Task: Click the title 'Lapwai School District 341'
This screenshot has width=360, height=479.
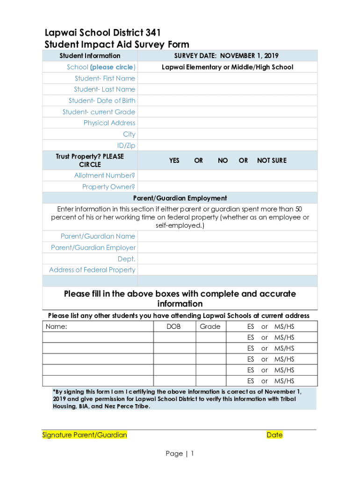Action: point(102,33)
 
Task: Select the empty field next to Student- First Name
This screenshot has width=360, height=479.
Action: point(227,78)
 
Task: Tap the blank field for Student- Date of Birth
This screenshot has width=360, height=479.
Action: point(227,101)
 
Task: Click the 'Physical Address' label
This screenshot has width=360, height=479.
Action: point(109,123)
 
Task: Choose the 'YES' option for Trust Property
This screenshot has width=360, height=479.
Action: point(174,160)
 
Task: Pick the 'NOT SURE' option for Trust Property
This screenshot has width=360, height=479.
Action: point(272,160)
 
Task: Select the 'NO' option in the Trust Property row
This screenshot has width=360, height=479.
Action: point(223,160)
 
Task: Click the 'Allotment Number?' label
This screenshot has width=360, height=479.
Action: point(105,175)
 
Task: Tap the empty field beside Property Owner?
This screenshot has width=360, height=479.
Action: point(227,187)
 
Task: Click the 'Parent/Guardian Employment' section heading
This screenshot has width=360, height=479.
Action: point(180,198)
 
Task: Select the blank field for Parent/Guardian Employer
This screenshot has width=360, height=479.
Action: point(227,247)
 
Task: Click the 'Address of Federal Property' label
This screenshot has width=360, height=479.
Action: point(92,270)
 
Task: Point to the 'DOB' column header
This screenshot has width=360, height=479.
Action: point(173,327)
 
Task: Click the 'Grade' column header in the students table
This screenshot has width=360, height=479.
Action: point(210,327)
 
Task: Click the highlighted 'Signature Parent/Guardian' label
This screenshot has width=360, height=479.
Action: point(85,435)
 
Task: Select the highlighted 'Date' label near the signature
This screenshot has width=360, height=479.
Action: point(274,435)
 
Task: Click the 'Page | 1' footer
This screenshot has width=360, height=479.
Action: point(180,454)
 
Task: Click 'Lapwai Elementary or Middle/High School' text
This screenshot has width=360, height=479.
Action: point(227,67)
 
